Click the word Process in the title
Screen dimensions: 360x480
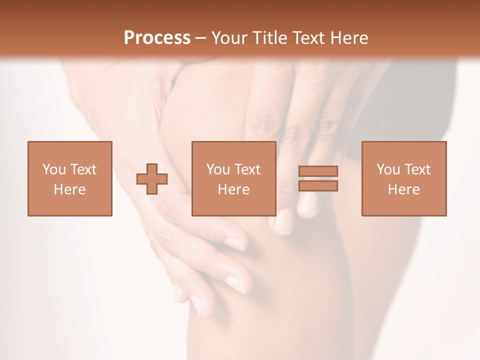[x=157, y=38]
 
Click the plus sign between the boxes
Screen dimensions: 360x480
[x=152, y=179]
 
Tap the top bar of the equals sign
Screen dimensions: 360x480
[x=318, y=171]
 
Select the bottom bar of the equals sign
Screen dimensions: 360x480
[x=318, y=186]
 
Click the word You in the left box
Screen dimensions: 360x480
[x=53, y=169]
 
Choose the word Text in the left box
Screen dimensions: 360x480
[x=83, y=169]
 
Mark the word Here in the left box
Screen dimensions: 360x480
[x=69, y=189]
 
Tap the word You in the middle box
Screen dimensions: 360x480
[x=217, y=169]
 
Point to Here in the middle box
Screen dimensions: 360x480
[x=233, y=189]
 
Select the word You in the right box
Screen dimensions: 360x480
[x=387, y=169]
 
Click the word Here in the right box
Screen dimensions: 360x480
[x=403, y=189]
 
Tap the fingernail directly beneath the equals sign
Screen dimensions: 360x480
[x=309, y=205]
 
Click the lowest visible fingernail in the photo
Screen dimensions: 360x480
[x=197, y=303]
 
